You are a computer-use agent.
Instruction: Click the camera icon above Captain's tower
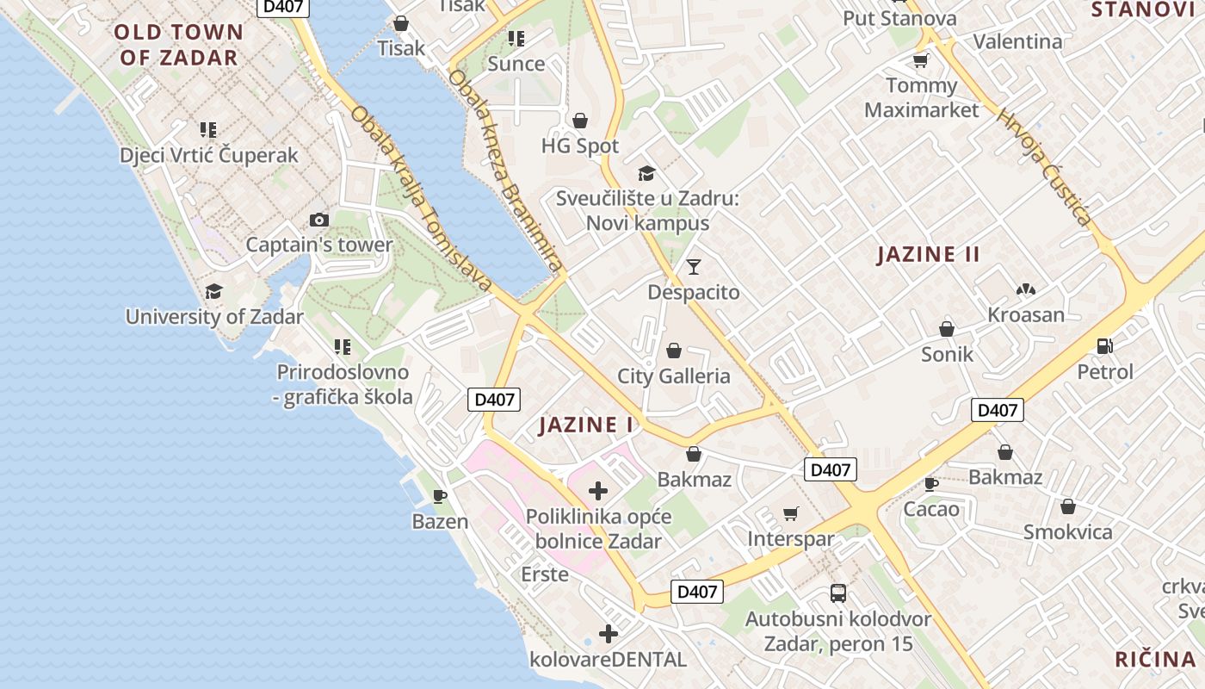tap(319, 220)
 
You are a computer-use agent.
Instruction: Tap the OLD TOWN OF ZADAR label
tap(178, 45)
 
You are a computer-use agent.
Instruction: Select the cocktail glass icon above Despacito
tap(694, 267)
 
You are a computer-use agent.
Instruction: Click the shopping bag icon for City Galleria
tap(674, 351)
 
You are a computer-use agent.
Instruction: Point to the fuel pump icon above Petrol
tap(1105, 346)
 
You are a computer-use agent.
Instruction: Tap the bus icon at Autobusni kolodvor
tap(838, 593)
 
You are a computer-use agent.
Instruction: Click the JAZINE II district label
tap(929, 254)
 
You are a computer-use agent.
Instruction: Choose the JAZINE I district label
tap(586, 425)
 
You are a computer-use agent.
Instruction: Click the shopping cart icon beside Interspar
tap(791, 514)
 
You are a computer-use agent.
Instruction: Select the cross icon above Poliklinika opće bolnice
tap(598, 491)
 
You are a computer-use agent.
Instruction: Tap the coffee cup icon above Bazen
tap(440, 496)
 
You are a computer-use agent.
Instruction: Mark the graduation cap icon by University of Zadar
tap(213, 291)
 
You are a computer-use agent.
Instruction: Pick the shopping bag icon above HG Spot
tap(580, 121)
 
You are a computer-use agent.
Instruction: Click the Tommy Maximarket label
tap(921, 97)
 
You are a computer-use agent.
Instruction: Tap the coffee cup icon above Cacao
tap(930, 484)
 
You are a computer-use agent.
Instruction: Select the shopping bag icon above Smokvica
tap(1068, 506)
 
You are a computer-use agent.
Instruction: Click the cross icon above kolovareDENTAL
tap(609, 635)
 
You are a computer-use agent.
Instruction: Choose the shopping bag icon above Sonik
tap(947, 329)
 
